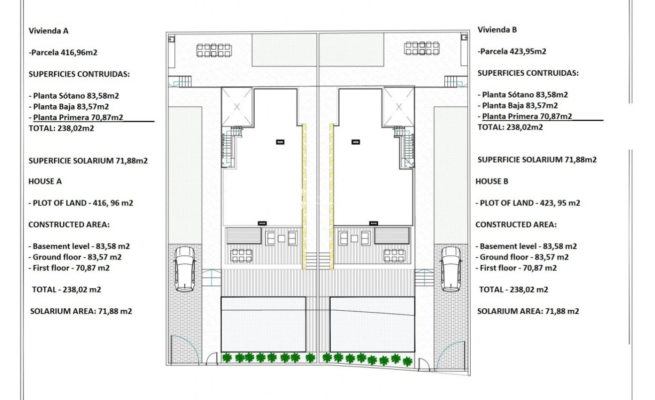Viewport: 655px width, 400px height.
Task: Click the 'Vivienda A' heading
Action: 48,30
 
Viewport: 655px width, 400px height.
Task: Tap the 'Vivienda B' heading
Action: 497,29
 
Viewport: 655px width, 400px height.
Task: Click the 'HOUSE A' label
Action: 45,182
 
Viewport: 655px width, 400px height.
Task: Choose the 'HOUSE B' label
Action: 492,182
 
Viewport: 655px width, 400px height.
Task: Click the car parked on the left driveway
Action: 185,269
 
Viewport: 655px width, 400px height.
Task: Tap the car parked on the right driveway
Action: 451,269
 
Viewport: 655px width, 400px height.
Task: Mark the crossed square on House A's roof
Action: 237,106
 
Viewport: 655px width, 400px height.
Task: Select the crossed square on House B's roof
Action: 398,106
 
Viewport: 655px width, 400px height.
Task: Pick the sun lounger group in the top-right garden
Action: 421,48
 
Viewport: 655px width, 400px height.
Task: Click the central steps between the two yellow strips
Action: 318,261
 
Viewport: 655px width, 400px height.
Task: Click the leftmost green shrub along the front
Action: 227,357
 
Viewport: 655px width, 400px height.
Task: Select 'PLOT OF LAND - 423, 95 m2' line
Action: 527,203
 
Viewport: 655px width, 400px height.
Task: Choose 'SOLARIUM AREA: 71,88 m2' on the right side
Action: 528,311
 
